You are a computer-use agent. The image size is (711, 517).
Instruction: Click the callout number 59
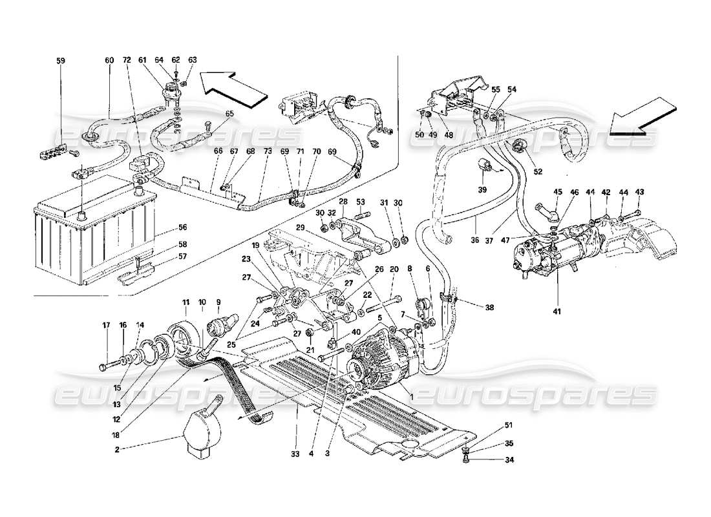pyautogui.click(x=61, y=61)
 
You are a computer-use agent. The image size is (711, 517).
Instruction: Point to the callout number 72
pyautogui.click(x=126, y=60)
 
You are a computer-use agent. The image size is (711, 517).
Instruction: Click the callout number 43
pyautogui.click(x=640, y=192)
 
